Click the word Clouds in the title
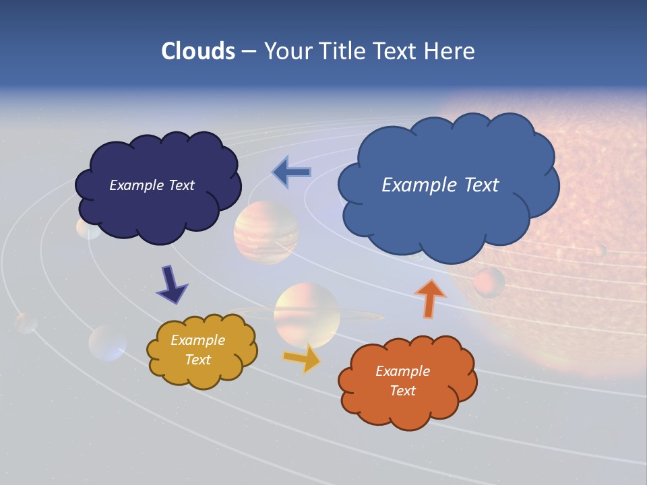(x=197, y=51)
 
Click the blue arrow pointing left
(x=291, y=172)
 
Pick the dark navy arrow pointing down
(x=172, y=284)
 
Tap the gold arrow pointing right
(x=303, y=358)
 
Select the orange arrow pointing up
(x=430, y=298)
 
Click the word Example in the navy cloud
(x=133, y=185)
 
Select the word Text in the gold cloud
(x=197, y=360)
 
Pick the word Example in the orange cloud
(x=402, y=371)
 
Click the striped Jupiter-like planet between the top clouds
(x=266, y=232)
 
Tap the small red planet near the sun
(x=489, y=282)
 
